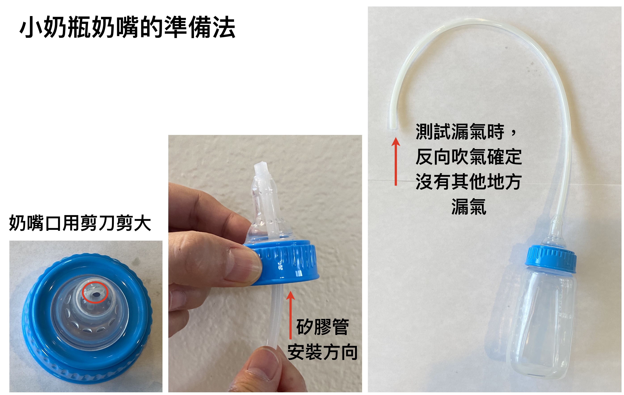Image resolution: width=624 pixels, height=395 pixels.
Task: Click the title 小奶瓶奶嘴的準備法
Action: (127, 27)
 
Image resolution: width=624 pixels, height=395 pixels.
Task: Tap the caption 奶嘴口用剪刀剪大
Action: (80, 223)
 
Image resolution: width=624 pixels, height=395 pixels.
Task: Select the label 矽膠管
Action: (323, 327)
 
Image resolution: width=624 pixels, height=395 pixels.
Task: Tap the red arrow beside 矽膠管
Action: (291, 315)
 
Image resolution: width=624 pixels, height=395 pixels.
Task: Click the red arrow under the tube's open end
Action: (396, 161)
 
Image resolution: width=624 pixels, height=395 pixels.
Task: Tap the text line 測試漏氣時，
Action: (466, 132)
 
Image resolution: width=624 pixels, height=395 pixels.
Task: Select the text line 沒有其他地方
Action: (468, 182)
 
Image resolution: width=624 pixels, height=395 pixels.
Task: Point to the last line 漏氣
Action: (469, 207)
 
